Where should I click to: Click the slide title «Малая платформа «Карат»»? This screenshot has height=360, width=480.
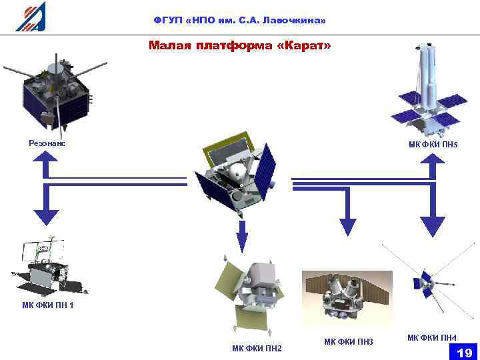[239, 45]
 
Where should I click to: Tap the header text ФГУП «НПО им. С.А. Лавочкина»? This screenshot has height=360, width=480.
[239, 21]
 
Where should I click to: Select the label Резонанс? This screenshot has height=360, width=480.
[47, 142]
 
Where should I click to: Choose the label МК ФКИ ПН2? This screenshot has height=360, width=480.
[257, 348]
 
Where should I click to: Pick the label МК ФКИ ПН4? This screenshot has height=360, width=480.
[432, 338]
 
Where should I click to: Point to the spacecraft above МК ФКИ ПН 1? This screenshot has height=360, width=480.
[47, 267]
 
